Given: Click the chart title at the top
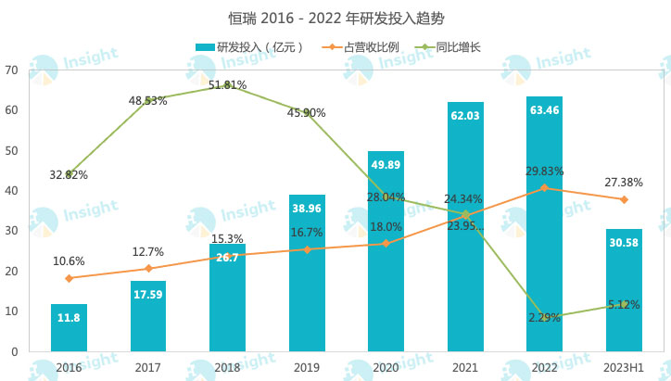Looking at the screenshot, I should (x=335, y=18).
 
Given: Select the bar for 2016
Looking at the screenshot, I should (x=69, y=328).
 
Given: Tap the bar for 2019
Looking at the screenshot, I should (x=307, y=273).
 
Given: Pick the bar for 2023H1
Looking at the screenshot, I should (x=624, y=290).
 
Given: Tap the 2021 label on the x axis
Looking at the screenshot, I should (x=465, y=367).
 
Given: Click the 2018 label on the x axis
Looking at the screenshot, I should (x=227, y=367).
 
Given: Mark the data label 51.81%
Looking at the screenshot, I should (x=227, y=85).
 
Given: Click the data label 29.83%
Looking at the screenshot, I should (x=544, y=171).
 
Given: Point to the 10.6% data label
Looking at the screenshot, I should (x=69, y=261).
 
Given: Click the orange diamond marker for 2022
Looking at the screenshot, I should (x=544, y=188).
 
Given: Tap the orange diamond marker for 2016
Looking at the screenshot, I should (x=69, y=278).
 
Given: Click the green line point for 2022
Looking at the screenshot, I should (x=544, y=317).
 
